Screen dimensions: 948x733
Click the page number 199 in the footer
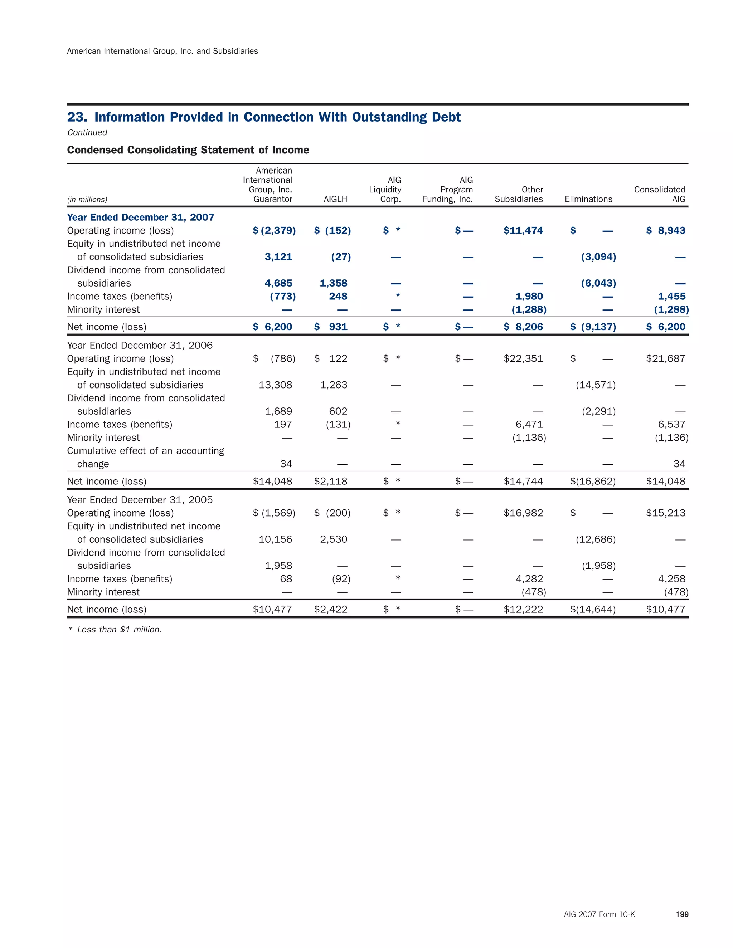[x=682, y=914]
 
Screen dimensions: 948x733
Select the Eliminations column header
[x=588, y=199]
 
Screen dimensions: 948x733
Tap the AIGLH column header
[x=335, y=199]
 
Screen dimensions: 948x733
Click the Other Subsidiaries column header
[x=519, y=195]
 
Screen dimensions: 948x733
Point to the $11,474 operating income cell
[x=523, y=230]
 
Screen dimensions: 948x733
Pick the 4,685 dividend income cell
[x=278, y=283]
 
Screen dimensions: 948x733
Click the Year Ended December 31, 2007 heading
[x=140, y=217]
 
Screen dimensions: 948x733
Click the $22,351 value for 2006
[x=523, y=358]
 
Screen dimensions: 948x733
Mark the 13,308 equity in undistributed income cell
[x=275, y=385]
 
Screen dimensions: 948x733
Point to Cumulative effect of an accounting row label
[x=145, y=451]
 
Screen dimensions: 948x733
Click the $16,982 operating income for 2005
[x=523, y=513]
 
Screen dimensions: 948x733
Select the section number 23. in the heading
[x=77, y=117]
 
